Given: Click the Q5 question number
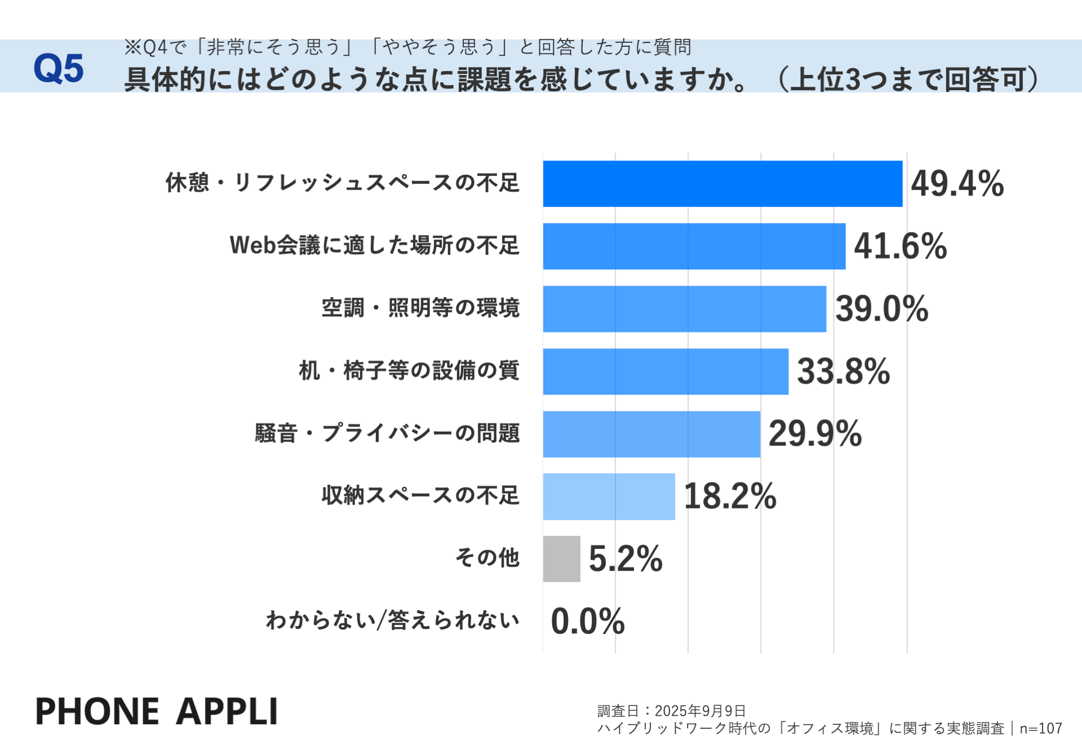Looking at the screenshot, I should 58,69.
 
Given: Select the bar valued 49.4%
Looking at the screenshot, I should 722,184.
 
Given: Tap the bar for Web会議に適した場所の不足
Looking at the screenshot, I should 694,246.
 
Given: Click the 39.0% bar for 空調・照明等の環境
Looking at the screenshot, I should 684,309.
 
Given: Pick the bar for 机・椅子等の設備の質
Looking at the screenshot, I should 666,371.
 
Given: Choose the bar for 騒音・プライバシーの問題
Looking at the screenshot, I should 651,434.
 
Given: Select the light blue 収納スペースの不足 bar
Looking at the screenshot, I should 609,497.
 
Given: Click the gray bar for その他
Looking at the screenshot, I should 561,559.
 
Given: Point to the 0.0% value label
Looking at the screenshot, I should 587,621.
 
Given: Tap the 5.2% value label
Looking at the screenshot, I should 625,559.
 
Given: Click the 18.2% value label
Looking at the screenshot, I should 729,497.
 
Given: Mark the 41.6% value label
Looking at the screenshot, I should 900,246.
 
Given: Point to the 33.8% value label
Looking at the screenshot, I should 843,371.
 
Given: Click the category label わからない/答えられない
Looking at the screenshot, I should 392,620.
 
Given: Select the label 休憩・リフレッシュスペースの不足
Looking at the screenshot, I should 342,183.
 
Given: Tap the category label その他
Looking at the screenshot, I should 487,557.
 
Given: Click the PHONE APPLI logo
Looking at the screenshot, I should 156,711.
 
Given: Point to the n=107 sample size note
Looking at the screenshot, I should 1040,729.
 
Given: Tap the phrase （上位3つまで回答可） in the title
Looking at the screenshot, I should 907,79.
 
